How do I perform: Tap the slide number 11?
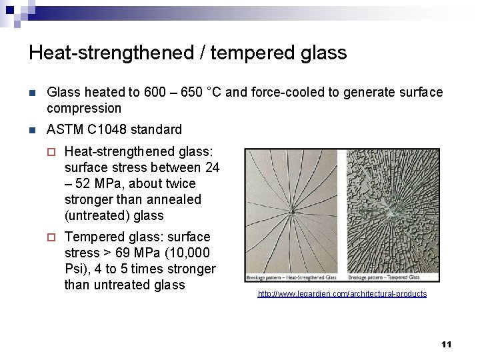click(446, 344)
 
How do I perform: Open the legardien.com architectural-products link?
click(342, 294)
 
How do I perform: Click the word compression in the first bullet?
click(84, 108)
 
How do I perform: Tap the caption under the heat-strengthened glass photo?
click(292, 277)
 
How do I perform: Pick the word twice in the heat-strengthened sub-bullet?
click(180, 183)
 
